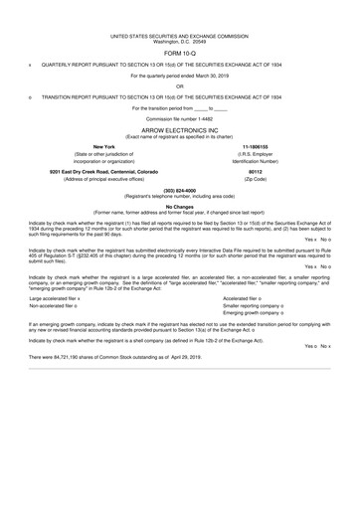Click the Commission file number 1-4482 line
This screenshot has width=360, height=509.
180,120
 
